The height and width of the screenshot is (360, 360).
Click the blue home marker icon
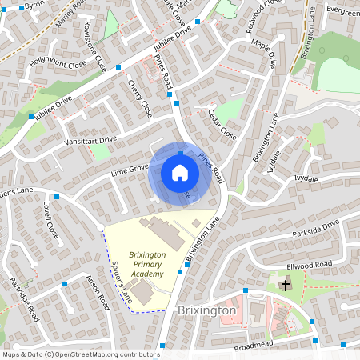click(x=180, y=173)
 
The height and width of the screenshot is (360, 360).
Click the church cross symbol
click(x=286, y=284)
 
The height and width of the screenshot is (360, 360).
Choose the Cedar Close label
click(x=222, y=124)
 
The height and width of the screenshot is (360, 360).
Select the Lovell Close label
click(x=51, y=218)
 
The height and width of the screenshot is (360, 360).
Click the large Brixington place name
click(x=206, y=310)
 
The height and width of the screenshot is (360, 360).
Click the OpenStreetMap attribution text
click(x=70, y=354)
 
